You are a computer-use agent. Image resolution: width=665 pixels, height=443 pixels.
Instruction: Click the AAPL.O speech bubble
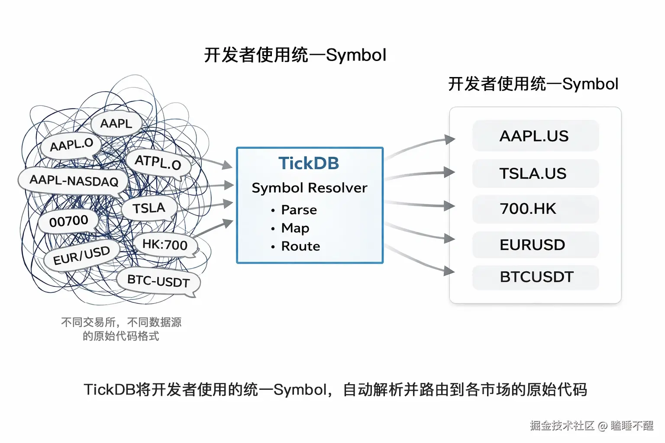click(x=71, y=145)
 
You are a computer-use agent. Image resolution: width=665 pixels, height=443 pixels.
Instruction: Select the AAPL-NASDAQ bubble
click(x=74, y=180)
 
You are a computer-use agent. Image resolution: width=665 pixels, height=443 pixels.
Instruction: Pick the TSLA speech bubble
click(x=149, y=208)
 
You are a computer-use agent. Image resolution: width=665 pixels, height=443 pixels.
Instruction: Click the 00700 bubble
click(x=68, y=221)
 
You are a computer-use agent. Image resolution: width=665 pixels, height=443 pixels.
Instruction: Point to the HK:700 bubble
click(x=165, y=245)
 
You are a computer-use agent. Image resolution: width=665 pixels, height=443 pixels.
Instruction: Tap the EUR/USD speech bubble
click(x=81, y=256)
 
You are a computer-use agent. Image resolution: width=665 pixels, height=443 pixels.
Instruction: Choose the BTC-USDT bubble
click(x=158, y=281)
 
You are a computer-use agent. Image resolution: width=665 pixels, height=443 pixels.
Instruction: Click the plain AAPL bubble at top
click(x=116, y=124)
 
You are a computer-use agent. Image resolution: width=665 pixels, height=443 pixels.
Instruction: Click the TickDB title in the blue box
click(x=309, y=164)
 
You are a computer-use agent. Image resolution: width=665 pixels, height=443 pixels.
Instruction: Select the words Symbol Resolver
click(x=309, y=188)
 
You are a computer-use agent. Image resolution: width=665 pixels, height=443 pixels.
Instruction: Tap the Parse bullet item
click(x=299, y=210)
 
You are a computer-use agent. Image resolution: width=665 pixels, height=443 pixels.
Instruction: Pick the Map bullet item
click(x=295, y=228)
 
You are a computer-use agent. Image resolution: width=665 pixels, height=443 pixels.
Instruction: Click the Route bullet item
click(x=300, y=246)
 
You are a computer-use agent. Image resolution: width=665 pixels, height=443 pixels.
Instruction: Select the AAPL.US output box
click(x=535, y=136)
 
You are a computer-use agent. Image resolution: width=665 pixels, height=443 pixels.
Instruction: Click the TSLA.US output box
click(x=535, y=173)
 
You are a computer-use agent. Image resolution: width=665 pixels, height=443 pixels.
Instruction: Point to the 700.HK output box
click(x=535, y=209)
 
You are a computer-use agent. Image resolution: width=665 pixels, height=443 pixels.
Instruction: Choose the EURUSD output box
click(x=535, y=245)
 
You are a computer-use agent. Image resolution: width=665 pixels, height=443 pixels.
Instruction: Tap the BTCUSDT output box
click(x=535, y=277)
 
